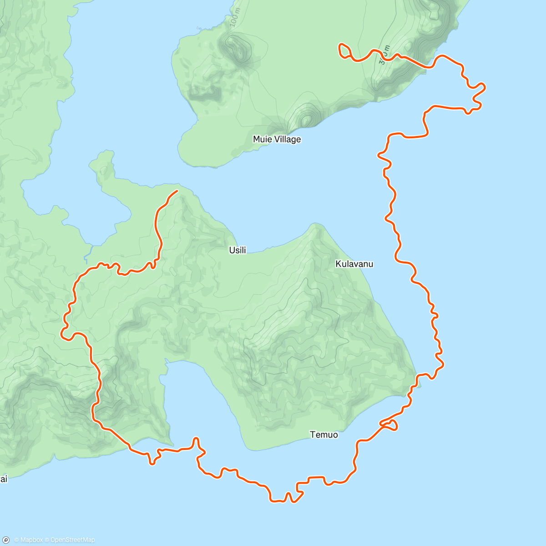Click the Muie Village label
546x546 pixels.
pos(277,139)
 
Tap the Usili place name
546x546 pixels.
pos(238,250)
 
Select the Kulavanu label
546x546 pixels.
pos(354,264)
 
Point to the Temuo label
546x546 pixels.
pos(324,435)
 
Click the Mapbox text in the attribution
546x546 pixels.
pos(31,540)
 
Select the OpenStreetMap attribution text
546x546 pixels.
pos(72,540)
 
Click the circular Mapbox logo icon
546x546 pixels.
pos(6,540)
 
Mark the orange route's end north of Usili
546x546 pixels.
pos(177,191)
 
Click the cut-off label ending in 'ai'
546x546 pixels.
pos(4,479)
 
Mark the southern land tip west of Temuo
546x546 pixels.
pos(171,444)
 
